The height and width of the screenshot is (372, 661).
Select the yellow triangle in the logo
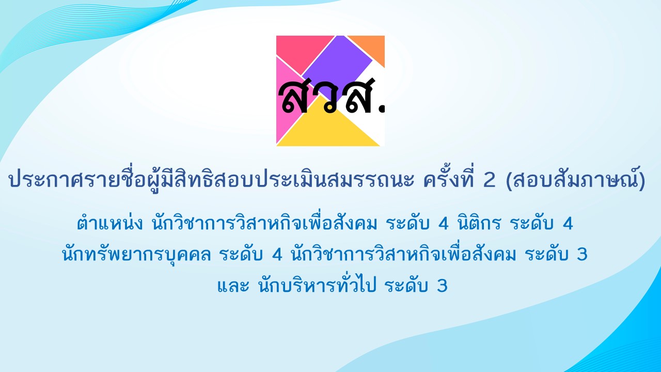328,127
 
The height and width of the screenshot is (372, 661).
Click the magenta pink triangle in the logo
288,100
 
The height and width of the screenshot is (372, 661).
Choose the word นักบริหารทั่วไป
317,285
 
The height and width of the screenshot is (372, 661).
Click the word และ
233,286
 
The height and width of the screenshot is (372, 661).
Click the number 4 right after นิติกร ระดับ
568,224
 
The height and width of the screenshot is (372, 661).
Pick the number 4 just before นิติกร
444,224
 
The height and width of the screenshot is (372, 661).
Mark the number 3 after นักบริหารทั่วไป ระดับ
442,286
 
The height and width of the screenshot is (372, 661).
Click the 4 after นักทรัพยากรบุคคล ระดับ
277,255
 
